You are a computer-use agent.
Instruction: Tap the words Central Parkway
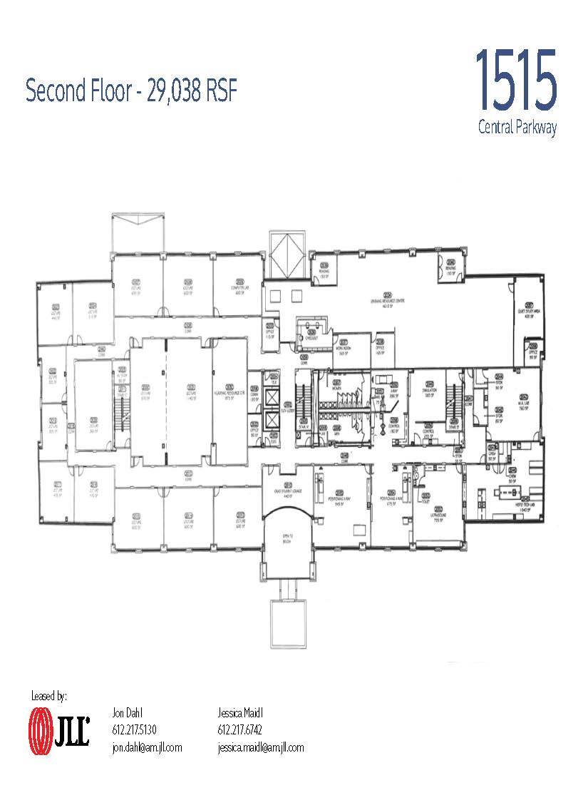(517, 128)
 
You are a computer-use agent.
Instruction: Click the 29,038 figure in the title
(174, 91)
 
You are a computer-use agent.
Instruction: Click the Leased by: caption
(49, 695)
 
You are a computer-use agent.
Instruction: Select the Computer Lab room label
(239, 288)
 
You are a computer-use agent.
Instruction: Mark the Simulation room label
(428, 391)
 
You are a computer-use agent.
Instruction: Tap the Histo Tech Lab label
(510, 505)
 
